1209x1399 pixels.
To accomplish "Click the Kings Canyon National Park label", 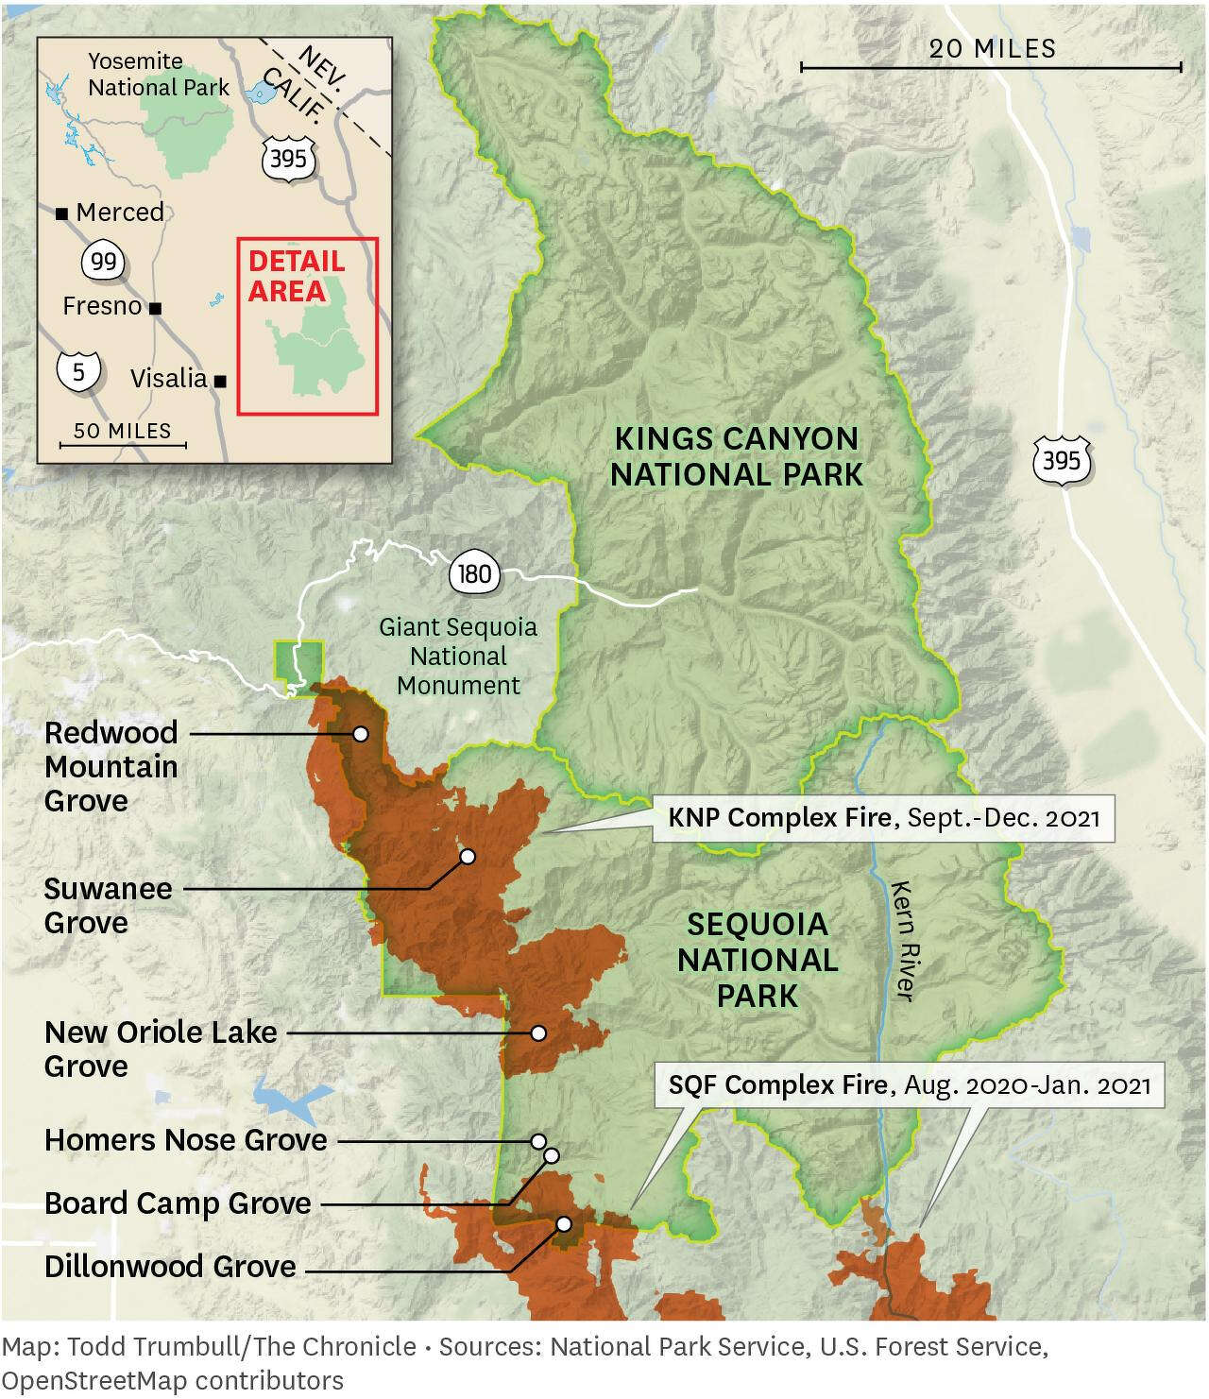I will click(x=737, y=456).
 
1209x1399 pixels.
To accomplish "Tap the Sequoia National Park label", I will click(x=758, y=959).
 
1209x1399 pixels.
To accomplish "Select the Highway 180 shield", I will click(x=471, y=573).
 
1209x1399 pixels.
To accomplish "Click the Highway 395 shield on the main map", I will click(x=1062, y=461).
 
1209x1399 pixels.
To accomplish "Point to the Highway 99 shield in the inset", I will click(x=104, y=260).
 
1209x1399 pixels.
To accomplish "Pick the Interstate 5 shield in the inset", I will click(x=78, y=371).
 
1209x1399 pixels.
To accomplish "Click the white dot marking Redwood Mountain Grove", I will click(x=360, y=733).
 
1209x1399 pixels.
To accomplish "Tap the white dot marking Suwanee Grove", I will click(x=467, y=857).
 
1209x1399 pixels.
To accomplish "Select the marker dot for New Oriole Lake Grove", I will click(x=537, y=1032).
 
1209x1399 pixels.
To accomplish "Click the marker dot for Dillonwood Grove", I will click(x=564, y=1223).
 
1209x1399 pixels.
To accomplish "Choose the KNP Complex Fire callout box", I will click(x=884, y=816).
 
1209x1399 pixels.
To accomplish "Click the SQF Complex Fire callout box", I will click(x=910, y=1084).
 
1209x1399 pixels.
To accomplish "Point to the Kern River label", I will click(x=903, y=941).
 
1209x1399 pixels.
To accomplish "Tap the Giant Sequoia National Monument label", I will click(x=458, y=656).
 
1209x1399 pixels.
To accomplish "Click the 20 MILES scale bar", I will click(x=991, y=66).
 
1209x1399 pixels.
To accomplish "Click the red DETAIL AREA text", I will click(x=296, y=276).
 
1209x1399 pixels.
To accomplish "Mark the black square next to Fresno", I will click(x=156, y=308).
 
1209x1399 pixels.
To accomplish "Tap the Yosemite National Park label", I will click(x=159, y=75).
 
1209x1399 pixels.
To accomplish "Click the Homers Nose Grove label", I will click(x=185, y=1140).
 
